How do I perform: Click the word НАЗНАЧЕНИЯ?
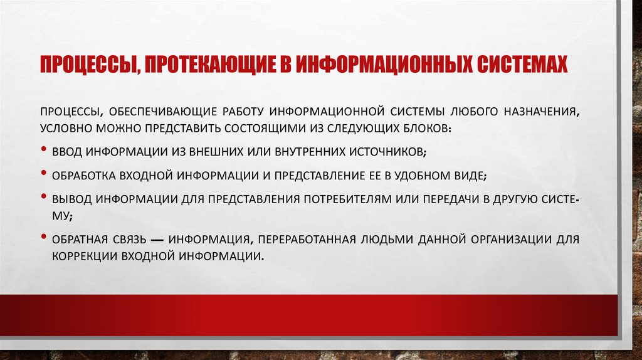(x=535, y=112)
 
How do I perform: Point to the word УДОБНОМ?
(x=422, y=175)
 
